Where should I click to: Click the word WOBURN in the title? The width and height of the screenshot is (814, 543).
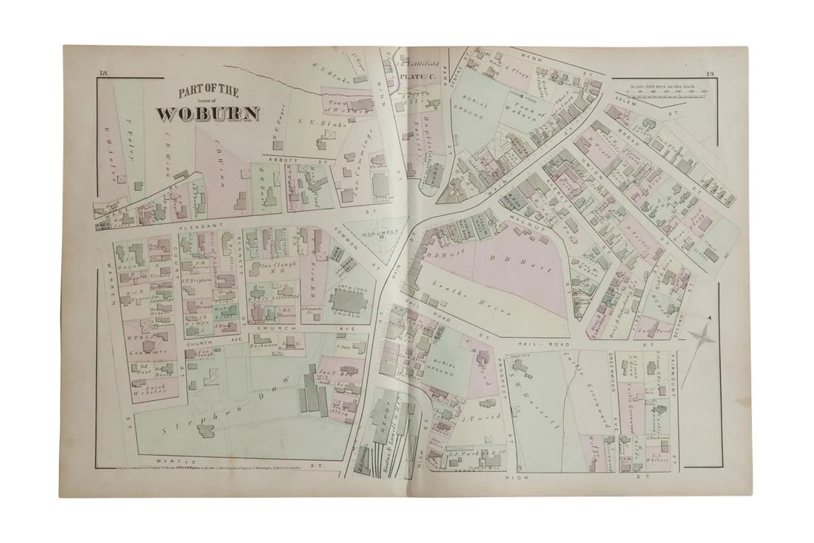pos(208,114)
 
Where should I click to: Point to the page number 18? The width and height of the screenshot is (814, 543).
pos(103,72)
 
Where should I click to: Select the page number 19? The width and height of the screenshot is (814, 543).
pos(708,72)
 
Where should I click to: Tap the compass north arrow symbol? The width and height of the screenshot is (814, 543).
pos(702,337)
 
